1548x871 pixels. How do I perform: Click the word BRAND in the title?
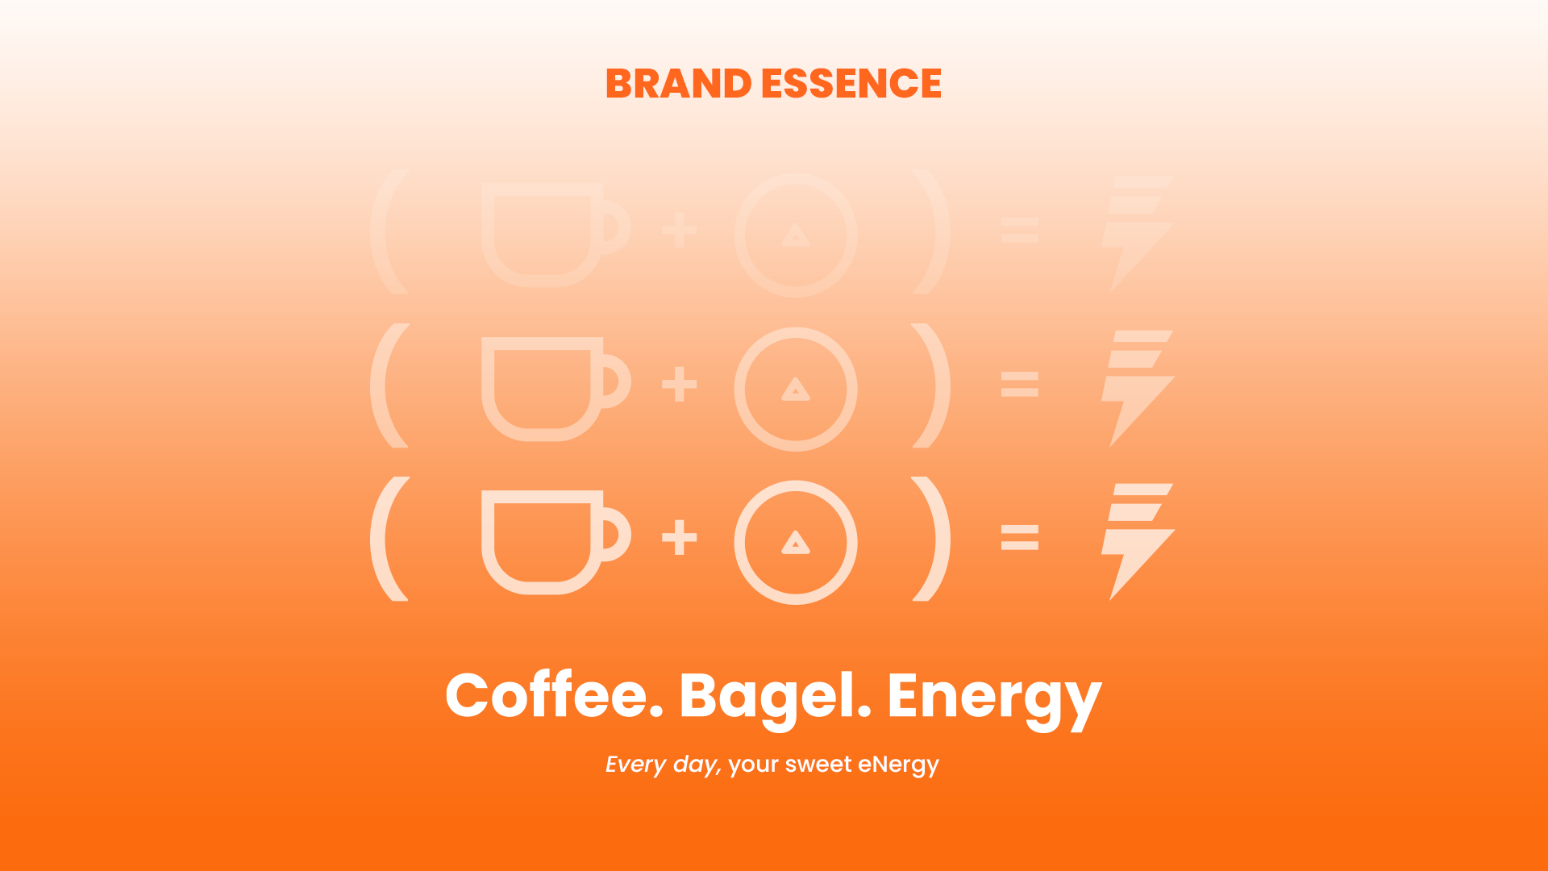pos(678,84)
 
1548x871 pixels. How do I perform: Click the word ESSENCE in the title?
pos(851,84)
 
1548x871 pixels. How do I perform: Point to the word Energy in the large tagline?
pos(993,696)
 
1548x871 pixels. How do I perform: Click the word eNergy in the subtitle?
pos(898,765)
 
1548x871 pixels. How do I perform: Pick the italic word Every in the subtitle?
pos(635,765)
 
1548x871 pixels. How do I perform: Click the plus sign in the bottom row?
pos(679,538)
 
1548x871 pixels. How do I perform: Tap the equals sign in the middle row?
pos(1019,384)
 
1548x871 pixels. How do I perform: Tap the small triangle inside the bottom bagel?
pos(796,544)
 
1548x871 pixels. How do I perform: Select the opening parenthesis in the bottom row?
pos(390,539)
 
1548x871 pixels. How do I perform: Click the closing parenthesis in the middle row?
pos(932,385)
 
